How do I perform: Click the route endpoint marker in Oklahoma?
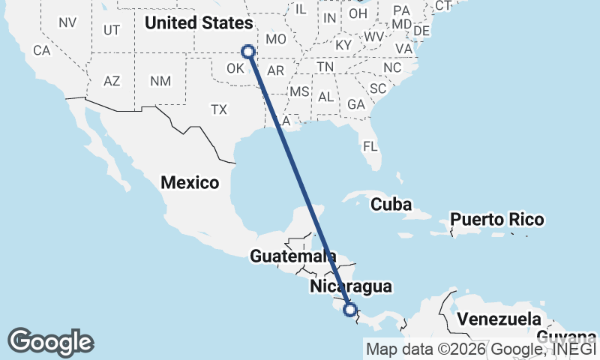pyautogui.click(x=248, y=52)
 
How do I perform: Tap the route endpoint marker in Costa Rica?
pyautogui.click(x=349, y=308)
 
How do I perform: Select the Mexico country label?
pyautogui.click(x=190, y=182)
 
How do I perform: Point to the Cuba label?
pyautogui.click(x=392, y=204)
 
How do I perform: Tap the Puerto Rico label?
pyautogui.click(x=496, y=220)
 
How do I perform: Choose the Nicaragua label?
pyautogui.click(x=350, y=286)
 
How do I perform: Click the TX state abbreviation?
pyautogui.click(x=218, y=109)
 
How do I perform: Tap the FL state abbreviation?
pyautogui.click(x=370, y=145)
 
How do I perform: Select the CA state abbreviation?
pyautogui.click(x=41, y=51)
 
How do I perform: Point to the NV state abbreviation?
pyautogui.click(x=67, y=22)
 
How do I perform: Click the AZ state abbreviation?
pyautogui.click(x=112, y=80)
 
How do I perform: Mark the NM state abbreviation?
pyautogui.click(x=160, y=80)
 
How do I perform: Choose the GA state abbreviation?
pyautogui.click(x=356, y=105)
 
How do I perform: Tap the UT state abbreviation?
pyautogui.click(x=112, y=30)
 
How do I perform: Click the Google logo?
pyautogui.click(x=50, y=342)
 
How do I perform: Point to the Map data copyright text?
pyautogui.click(x=480, y=348)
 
